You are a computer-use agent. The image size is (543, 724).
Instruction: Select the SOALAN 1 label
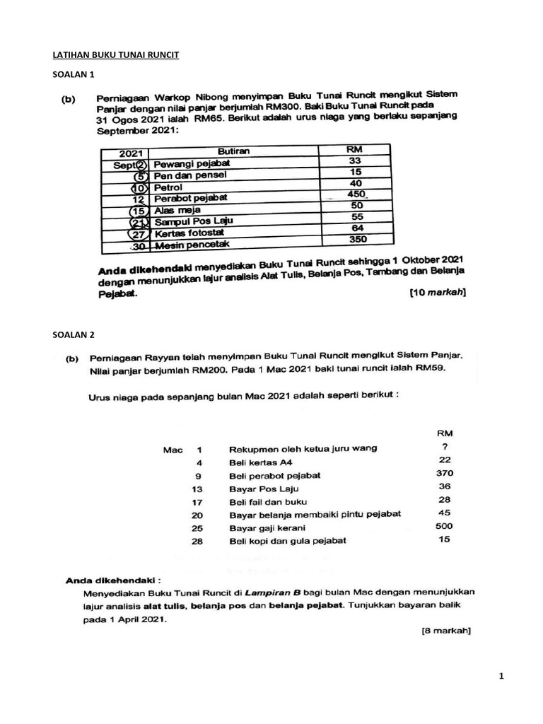pyautogui.click(x=74, y=74)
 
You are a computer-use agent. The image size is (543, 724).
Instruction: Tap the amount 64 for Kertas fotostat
pyautogui.click(x=356, y=228)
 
